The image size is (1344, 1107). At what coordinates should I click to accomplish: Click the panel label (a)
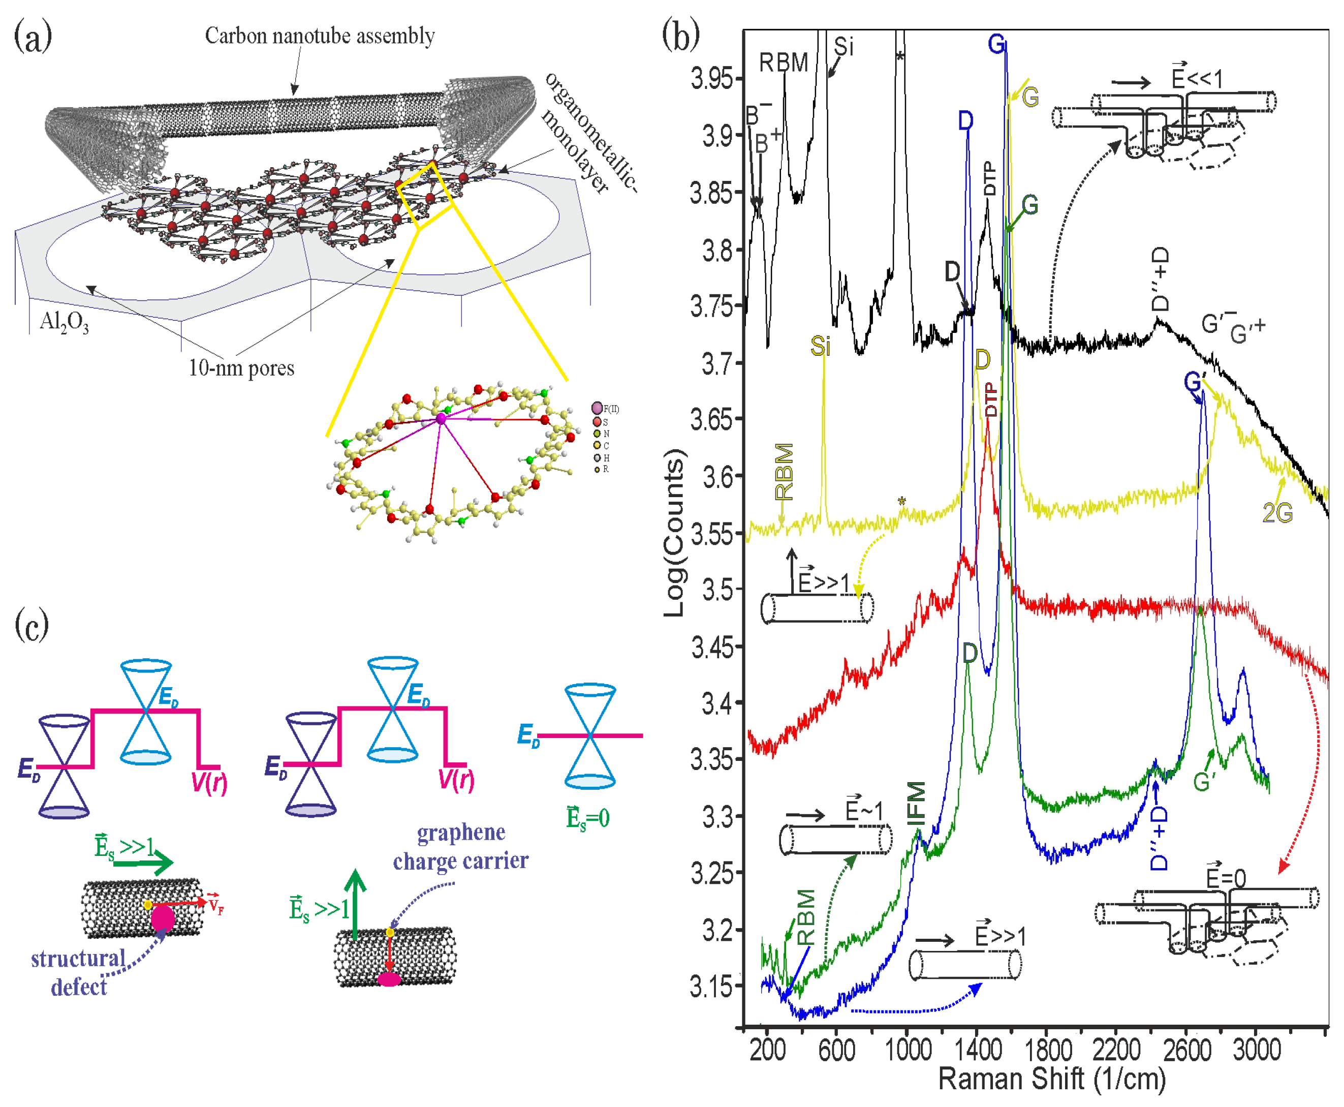pos(33,37)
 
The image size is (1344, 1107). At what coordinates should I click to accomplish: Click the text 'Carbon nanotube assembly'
pos(320,36)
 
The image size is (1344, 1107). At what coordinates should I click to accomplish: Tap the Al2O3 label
pos(64,323)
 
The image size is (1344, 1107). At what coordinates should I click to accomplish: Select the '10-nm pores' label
pos(241,368)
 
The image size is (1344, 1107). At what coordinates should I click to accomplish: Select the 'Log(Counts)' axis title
pos(674,533)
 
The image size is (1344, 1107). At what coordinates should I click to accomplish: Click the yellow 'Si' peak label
pos(820,346)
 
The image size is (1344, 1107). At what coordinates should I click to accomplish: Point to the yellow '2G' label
pos(1277,513)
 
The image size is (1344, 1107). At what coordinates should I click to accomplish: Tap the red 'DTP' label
pos(990,399)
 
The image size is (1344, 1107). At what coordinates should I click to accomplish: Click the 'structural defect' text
pos(78,972)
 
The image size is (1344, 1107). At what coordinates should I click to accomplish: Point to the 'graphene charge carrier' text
pos(460,847)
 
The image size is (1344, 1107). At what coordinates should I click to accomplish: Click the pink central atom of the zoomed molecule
pos(441,419)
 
